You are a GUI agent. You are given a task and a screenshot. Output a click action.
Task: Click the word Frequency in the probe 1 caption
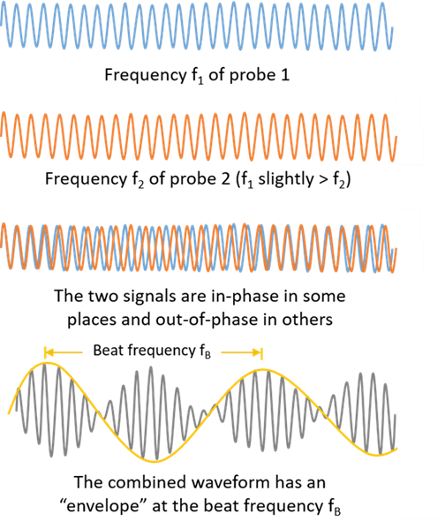click(146, 75)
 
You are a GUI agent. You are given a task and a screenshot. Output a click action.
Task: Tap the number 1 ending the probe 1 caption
click(285, 74)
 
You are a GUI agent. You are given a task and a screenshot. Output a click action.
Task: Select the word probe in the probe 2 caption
click(192, 179)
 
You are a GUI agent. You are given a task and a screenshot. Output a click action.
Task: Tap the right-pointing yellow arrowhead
click(257, 353)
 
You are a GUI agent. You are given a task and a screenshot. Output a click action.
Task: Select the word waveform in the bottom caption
click(231, 483)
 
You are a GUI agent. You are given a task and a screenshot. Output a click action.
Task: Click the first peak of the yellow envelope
click(47, 363)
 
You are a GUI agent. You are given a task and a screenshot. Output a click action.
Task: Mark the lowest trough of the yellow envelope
click(155, 461)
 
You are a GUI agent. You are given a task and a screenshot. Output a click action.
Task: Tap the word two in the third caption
click(103, 297)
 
